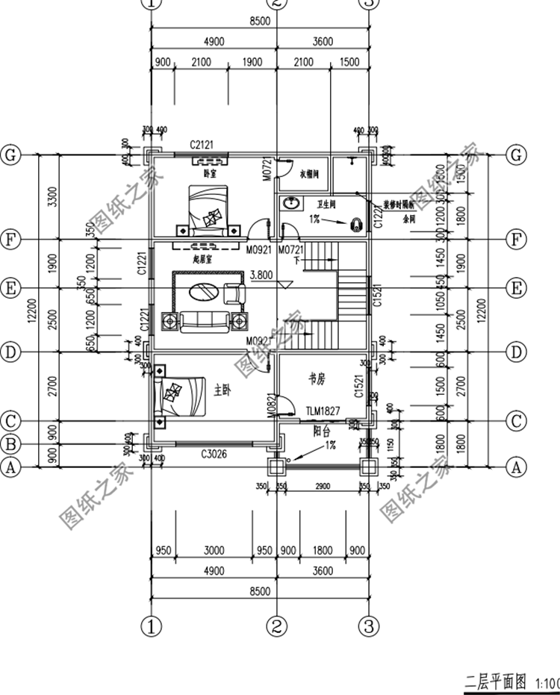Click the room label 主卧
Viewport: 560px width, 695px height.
coord(222,390)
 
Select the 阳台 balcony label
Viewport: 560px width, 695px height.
coord(322,431)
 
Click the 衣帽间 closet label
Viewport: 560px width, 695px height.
coord(309,174)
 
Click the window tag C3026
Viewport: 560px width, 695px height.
coord(214,453)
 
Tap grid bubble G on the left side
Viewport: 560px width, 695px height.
coord(10,155)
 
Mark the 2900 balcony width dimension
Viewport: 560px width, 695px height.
coord(322,487)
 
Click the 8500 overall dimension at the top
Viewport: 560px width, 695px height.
coord(258,22)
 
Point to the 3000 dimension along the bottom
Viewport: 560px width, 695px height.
coord(214,551)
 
